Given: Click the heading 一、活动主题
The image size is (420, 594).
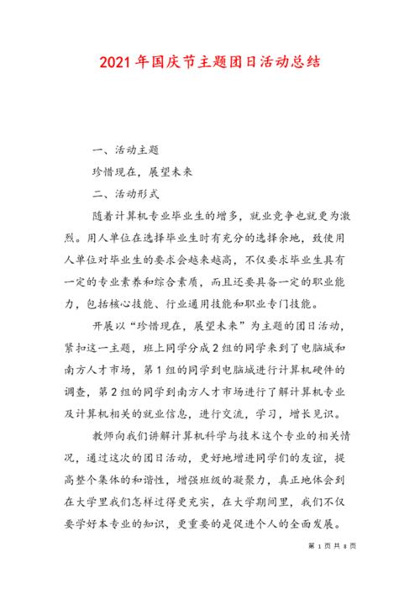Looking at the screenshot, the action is [123, 150].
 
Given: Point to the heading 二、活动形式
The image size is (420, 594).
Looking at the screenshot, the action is [123, 193].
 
